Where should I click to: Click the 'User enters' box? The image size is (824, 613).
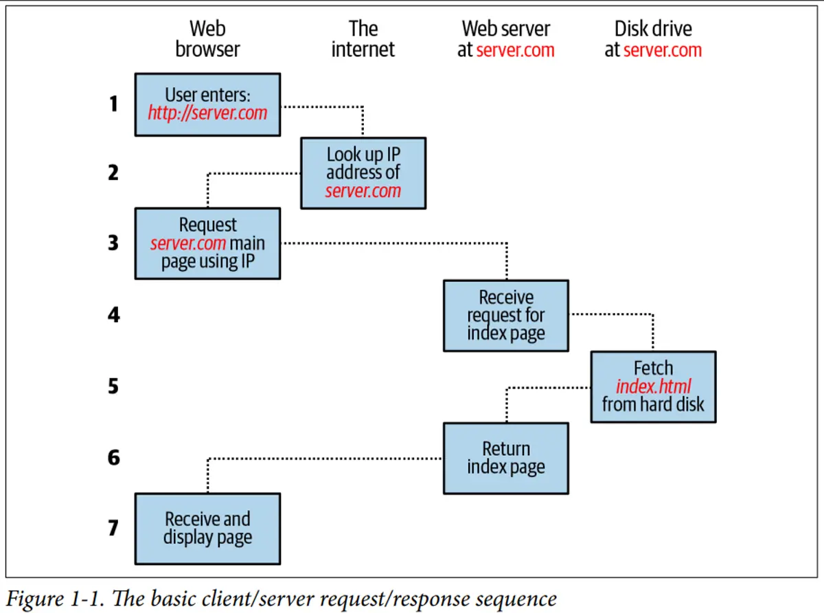click(207, 104)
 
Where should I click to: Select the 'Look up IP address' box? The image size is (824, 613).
click(363, 173)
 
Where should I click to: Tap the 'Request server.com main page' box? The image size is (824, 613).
click(207, 244)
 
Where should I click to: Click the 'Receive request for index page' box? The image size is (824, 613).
click(505, 316)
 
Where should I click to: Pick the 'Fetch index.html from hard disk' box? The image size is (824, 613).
click(653, 386)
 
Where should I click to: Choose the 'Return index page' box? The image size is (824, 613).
click(505, 458)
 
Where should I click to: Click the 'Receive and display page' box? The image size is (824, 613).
click(207, 529)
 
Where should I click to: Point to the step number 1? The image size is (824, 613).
click(113, 104)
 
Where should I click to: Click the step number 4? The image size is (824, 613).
click(113, 315)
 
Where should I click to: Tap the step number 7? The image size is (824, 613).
click(113, 529)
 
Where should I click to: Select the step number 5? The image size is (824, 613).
click(113, 386)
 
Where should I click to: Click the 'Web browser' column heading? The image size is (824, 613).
click(207, 39)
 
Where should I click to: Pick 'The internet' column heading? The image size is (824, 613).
click(363, 39)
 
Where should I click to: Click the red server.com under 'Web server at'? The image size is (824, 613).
click(515, 50)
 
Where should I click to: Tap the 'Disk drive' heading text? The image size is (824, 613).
click(653, 29)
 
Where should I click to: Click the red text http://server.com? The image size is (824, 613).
click(207, 113)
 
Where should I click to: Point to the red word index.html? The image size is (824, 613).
click(653, 386)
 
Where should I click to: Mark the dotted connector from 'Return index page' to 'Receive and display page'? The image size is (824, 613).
click(323, 459)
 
